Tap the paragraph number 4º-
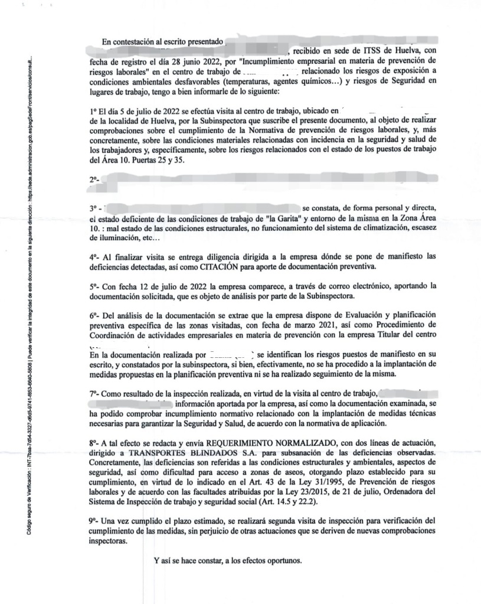[x=94, y=257]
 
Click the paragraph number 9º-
[x=94, y=521]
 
